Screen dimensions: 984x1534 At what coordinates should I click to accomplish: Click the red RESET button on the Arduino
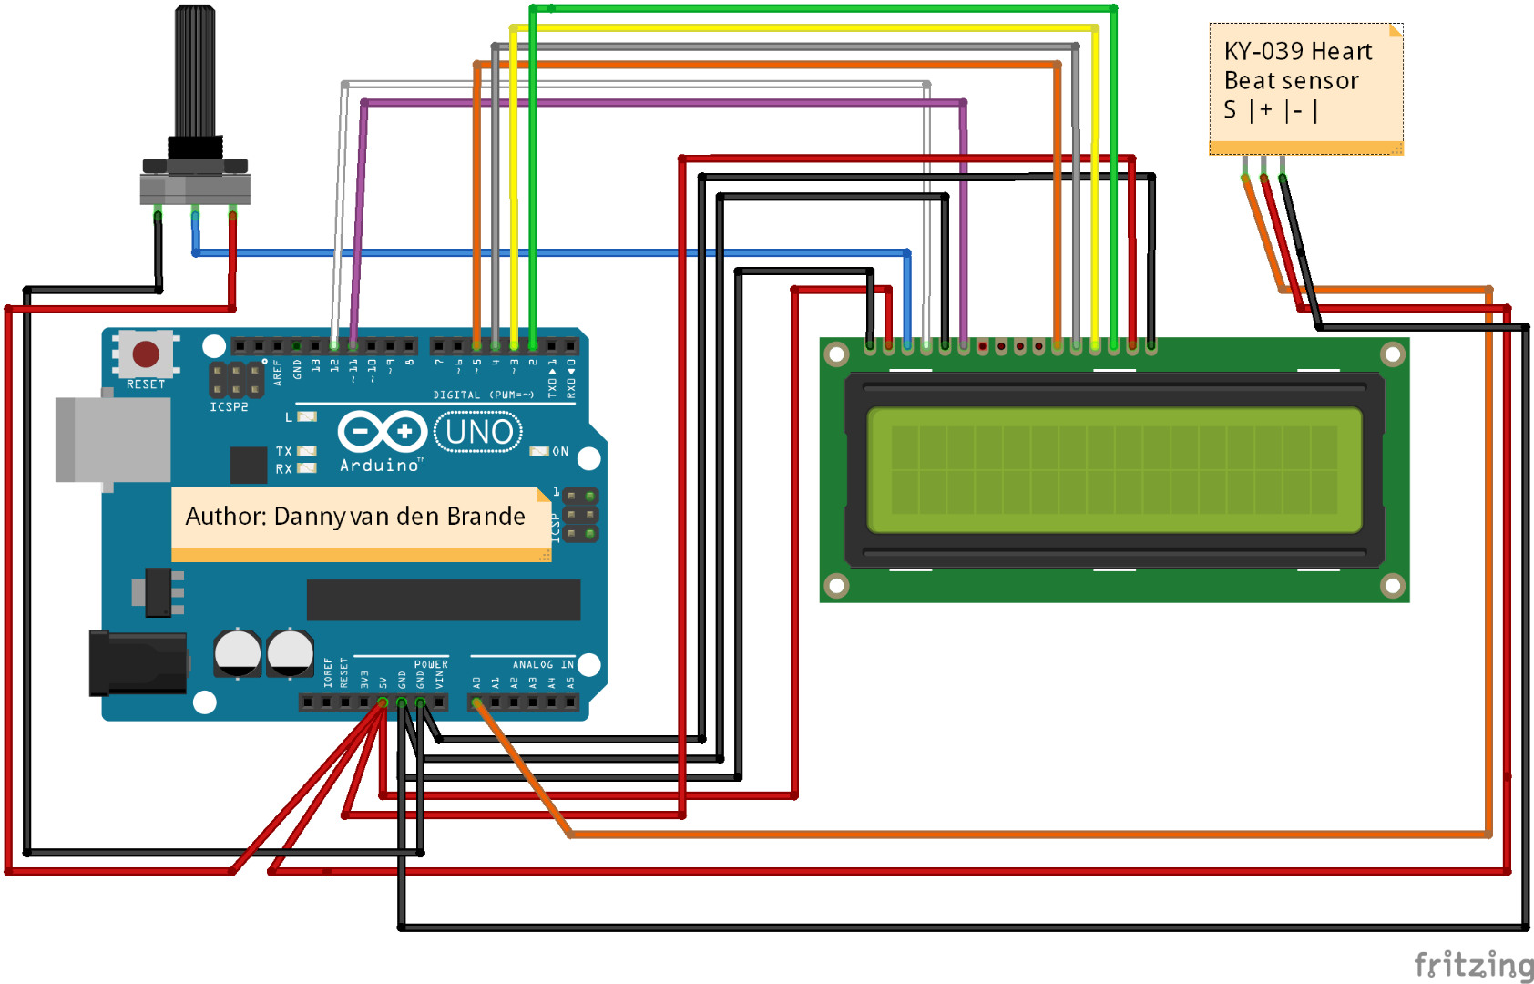click(x=146, y=354)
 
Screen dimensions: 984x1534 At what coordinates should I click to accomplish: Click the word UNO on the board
click(x=479, y=432)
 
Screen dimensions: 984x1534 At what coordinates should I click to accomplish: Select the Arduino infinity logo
click(x=382, y=432)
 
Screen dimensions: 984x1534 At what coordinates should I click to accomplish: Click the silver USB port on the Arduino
click(x=112, y=440)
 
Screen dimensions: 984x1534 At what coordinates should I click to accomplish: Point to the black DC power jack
click(x=137, y=663)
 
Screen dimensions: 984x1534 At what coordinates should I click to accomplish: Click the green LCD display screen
click(x=1114, y=470)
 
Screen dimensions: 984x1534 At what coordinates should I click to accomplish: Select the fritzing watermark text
click(x=1472, y=964)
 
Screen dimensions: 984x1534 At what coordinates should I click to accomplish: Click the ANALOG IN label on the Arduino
click(x=543, y=664)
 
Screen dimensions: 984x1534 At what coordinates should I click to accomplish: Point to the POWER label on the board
click(x=431, y=664)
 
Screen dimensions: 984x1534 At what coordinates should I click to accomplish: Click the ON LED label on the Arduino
click(x=560, y=451)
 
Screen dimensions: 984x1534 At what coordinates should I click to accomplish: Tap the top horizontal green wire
click(x=820, y=9)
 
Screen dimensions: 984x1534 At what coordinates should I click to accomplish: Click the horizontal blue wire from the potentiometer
click(x=547, y=252)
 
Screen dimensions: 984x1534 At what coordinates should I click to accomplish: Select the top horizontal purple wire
click(x=656, y=103)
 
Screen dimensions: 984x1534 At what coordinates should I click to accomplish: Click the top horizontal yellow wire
click(x=802, y=28)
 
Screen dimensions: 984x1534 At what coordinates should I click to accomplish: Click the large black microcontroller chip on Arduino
click(x=443, y=600)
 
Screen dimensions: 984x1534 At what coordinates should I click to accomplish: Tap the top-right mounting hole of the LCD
click(x=1392, y=354)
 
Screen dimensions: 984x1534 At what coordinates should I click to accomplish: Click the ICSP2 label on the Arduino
click(x=229, y=407)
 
